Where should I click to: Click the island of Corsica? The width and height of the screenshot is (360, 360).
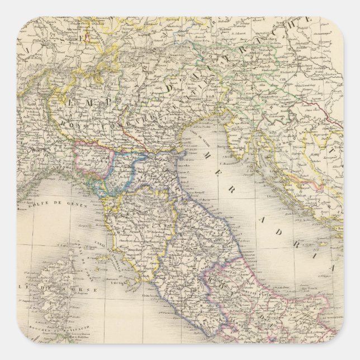[x=53, y=285]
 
